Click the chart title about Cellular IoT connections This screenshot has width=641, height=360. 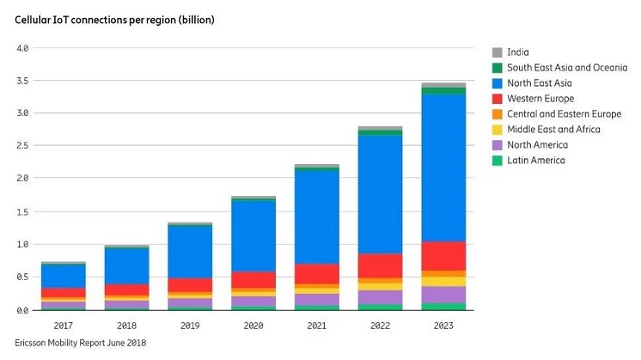click(x=115, y=19)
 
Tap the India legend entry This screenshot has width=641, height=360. click(x=519, y=52)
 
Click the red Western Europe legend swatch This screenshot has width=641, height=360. click(x=497, y=98)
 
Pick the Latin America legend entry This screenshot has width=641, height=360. click(x=535, y=160)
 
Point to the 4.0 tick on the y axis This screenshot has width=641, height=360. click(x=22, y=48)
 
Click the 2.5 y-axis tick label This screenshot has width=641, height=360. click(x=22, y=147)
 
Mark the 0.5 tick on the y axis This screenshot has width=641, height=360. click(x=22, y=277)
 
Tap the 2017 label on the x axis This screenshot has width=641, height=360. click(x=63, y=326)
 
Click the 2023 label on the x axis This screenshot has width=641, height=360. click(x=444, y=326)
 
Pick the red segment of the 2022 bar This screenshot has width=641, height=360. click(x=381, y=265)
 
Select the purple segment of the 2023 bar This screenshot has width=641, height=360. click(x=444, y=294)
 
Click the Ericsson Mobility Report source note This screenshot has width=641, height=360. click(x=74, y=343)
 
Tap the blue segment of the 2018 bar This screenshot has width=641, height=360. click(x=127, y=265)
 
